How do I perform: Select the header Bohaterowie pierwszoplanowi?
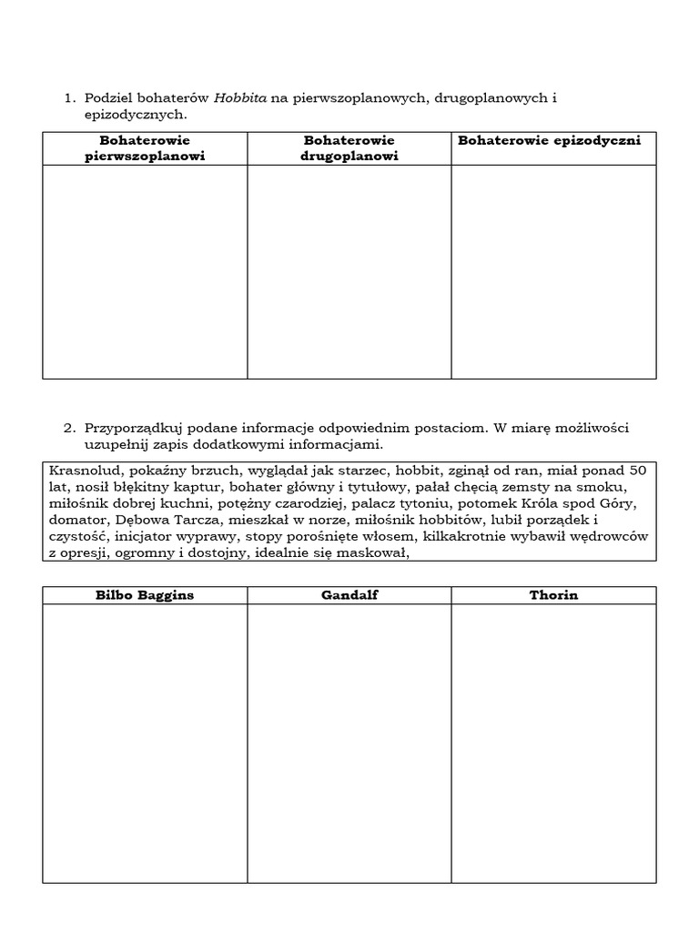[145, 147]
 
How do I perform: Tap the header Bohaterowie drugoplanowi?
[349, 147]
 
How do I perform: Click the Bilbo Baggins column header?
[145, 595]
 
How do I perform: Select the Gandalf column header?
[349, 595]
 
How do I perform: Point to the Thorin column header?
[553, 595]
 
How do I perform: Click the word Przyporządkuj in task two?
[128, 428]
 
